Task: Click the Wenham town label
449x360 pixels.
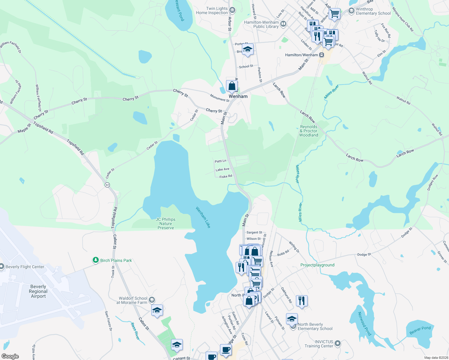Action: (238, 96)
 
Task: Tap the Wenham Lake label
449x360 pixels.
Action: (203, 217)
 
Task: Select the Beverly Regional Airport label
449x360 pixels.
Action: (38, 291)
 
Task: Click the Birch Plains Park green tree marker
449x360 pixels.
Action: (96, 260)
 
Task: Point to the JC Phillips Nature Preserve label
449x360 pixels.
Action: (166, 223)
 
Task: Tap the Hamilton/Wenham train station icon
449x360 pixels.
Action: (321, 55)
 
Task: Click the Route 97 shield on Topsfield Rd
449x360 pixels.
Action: (107, 185)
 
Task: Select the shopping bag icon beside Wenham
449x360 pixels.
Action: (232, 86)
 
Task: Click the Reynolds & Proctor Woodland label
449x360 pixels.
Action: (309, 131)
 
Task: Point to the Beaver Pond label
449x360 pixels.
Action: (420, 330)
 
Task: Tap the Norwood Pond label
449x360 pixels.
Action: (364, 324)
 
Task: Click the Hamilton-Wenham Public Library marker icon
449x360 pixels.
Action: (283, 24)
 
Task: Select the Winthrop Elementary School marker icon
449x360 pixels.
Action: (351, 11)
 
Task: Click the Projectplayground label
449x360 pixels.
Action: (317, 265)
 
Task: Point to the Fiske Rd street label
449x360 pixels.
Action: (226, 176)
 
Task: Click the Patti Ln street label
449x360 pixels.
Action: (220, 161)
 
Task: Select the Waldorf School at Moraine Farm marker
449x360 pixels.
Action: (152, 300)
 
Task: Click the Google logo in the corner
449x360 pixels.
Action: (10, 356)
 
